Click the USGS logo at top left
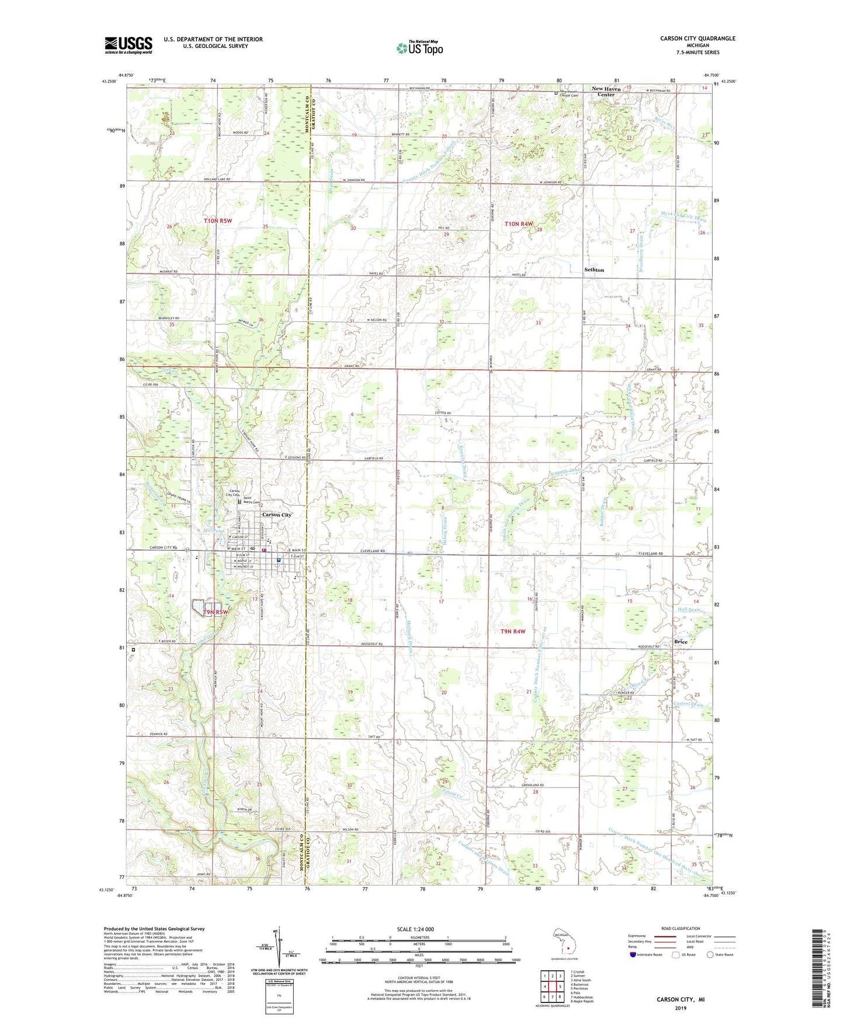pyautogui.click(x=128, y=45)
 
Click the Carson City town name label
pyautogui.click(x=276, y=515)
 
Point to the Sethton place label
pyautogui.click(x=594, y=270)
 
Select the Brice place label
pyautogui.click(x=680, y=641)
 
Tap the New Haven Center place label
pyautogui.click(x=606, y=92)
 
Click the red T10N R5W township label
pyautogui.click(x=218, y=221)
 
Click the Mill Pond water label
pyautogui.click(x=214, y=531)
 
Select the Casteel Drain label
pyautogui.click(x=689, y=705)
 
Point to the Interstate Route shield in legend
pyautogui.click(x=633, y=955)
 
